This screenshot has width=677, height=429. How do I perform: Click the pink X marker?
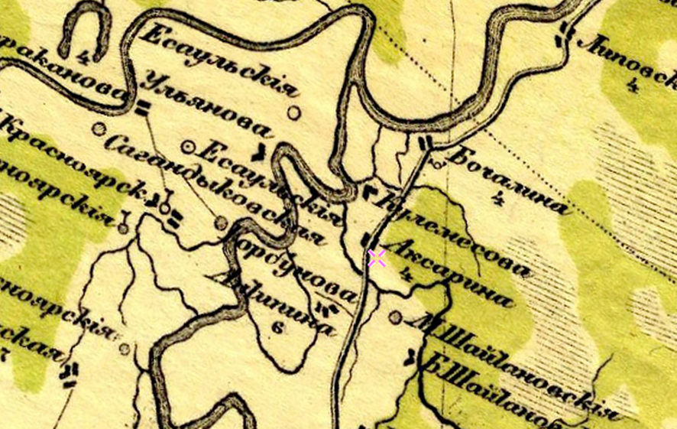[377, 258]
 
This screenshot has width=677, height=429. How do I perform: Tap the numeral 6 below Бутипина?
[277, 329]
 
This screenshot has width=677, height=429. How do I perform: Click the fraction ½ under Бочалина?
[497, 202]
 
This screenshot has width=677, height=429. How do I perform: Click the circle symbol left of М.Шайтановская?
[395, 316]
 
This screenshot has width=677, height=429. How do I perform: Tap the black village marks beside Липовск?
[564, 32]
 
